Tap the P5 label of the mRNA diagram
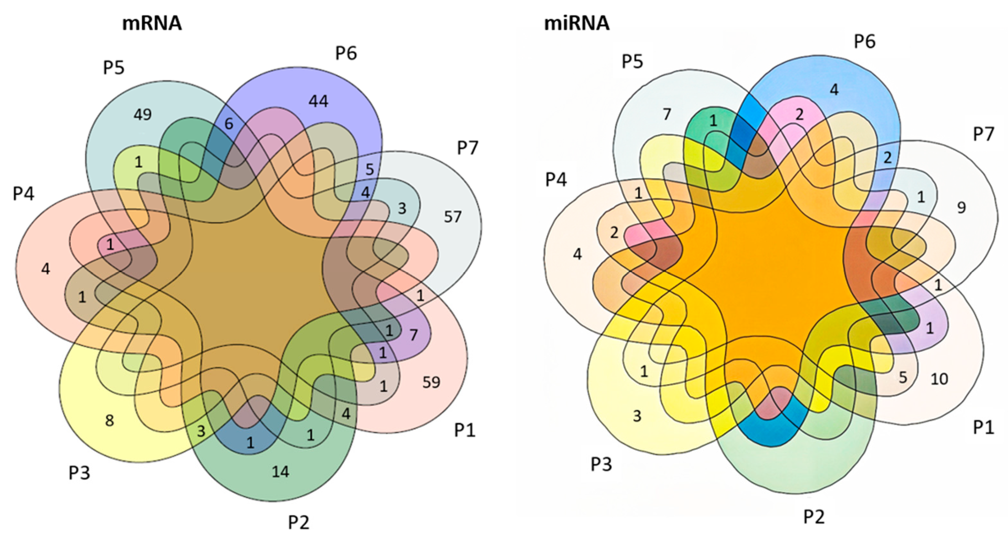coord(113,68)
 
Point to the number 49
coord(142,115)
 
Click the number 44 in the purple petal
coord(318,102)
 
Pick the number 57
coord(453,216)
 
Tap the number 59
coord(431,382)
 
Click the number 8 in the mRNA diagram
coord(110,421)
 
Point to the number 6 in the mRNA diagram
coord(229,124)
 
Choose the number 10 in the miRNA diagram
coord(939,379)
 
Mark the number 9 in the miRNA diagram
coord(961,208)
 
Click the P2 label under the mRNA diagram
coord(299,522)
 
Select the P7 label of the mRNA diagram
coord(468,148)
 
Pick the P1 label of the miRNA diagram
coord(983,427)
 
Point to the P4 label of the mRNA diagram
coord(24,194)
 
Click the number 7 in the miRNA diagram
coord(667,114)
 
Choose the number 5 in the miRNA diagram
coord(903,377)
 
